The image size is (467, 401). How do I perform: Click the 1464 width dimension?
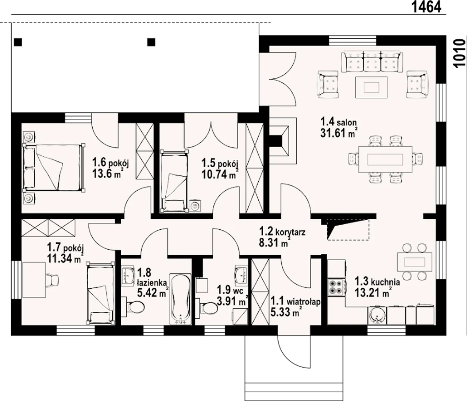(x=427, y=7)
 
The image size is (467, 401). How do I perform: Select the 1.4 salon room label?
(x=339, y=122)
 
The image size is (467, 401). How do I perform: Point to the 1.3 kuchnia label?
(x=377, y=282)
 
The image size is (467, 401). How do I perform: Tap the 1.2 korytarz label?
(x=282, y=231)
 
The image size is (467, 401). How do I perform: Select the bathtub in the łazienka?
(x=180, y=299)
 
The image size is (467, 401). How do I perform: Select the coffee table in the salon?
(x=371, y=87)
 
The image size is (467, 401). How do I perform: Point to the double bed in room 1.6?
(x=54, y=168)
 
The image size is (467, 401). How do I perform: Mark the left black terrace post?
(x=18, y=42)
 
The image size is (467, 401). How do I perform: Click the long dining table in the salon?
(x=385, y=160)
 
